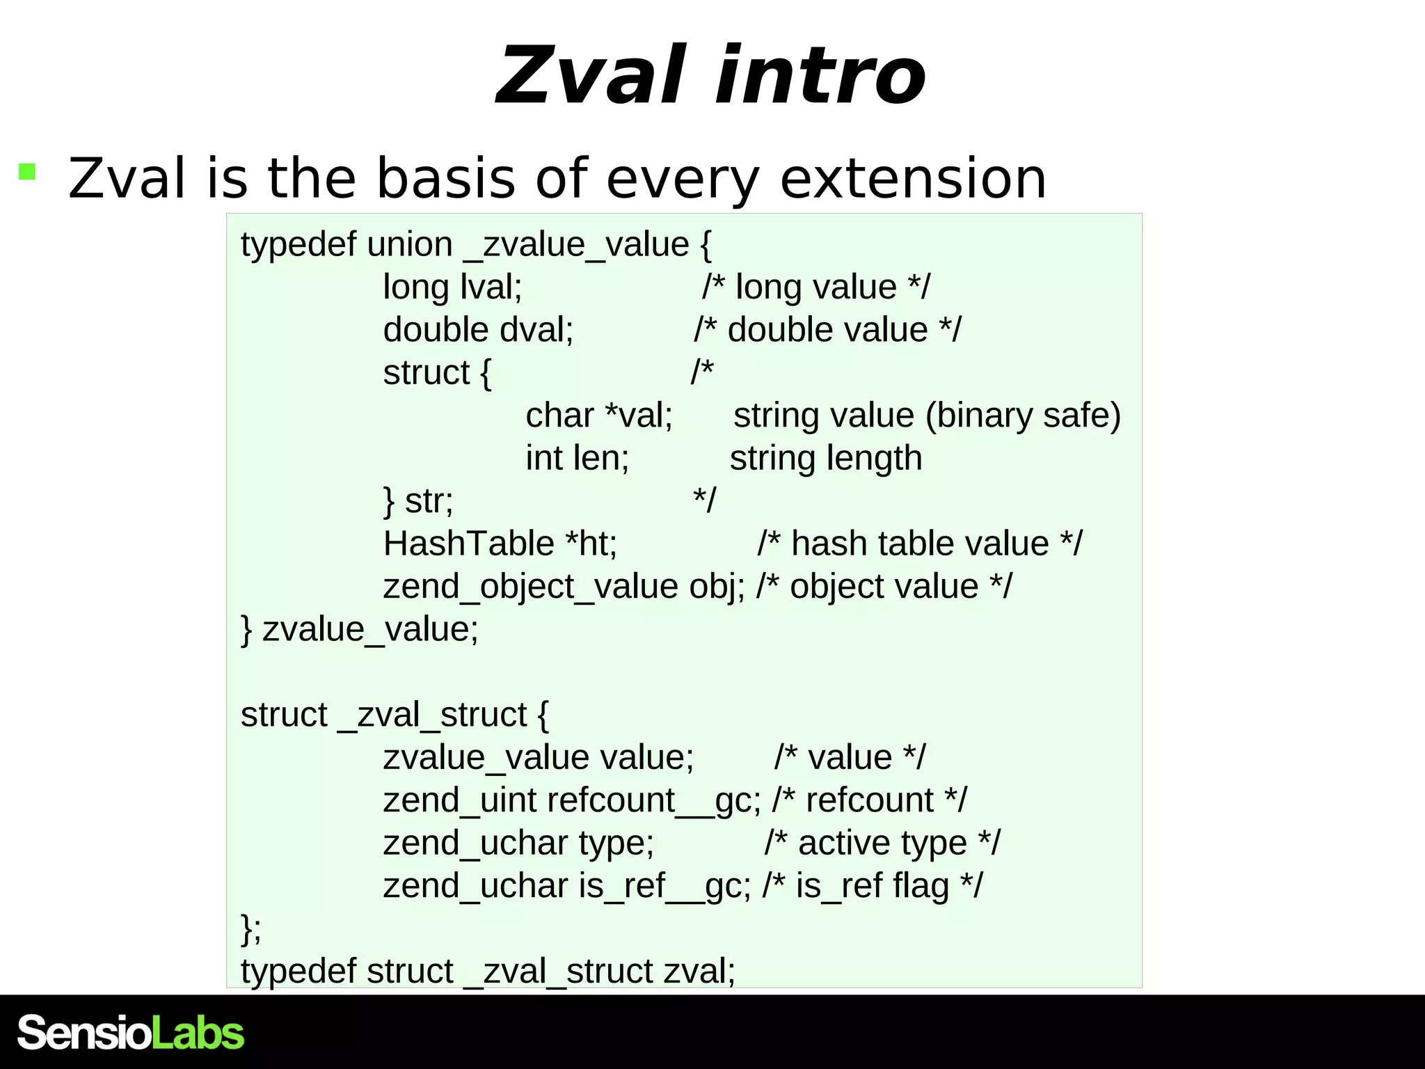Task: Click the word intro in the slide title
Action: (x=821, y=75)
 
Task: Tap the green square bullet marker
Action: (x=27, y=171)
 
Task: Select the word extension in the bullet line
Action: (x=913, y=179)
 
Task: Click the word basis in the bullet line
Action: (x=446, y=179)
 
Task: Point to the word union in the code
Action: (x=410, y=245)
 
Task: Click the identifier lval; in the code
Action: (x=491, y=287)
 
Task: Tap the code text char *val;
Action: (x=599, y=415)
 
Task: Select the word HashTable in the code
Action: (x=468, y=544)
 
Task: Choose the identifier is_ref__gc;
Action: (x=664, y=886)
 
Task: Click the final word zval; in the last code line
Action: (x=699, y=971)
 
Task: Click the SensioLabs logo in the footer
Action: (x=131, y=1033)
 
